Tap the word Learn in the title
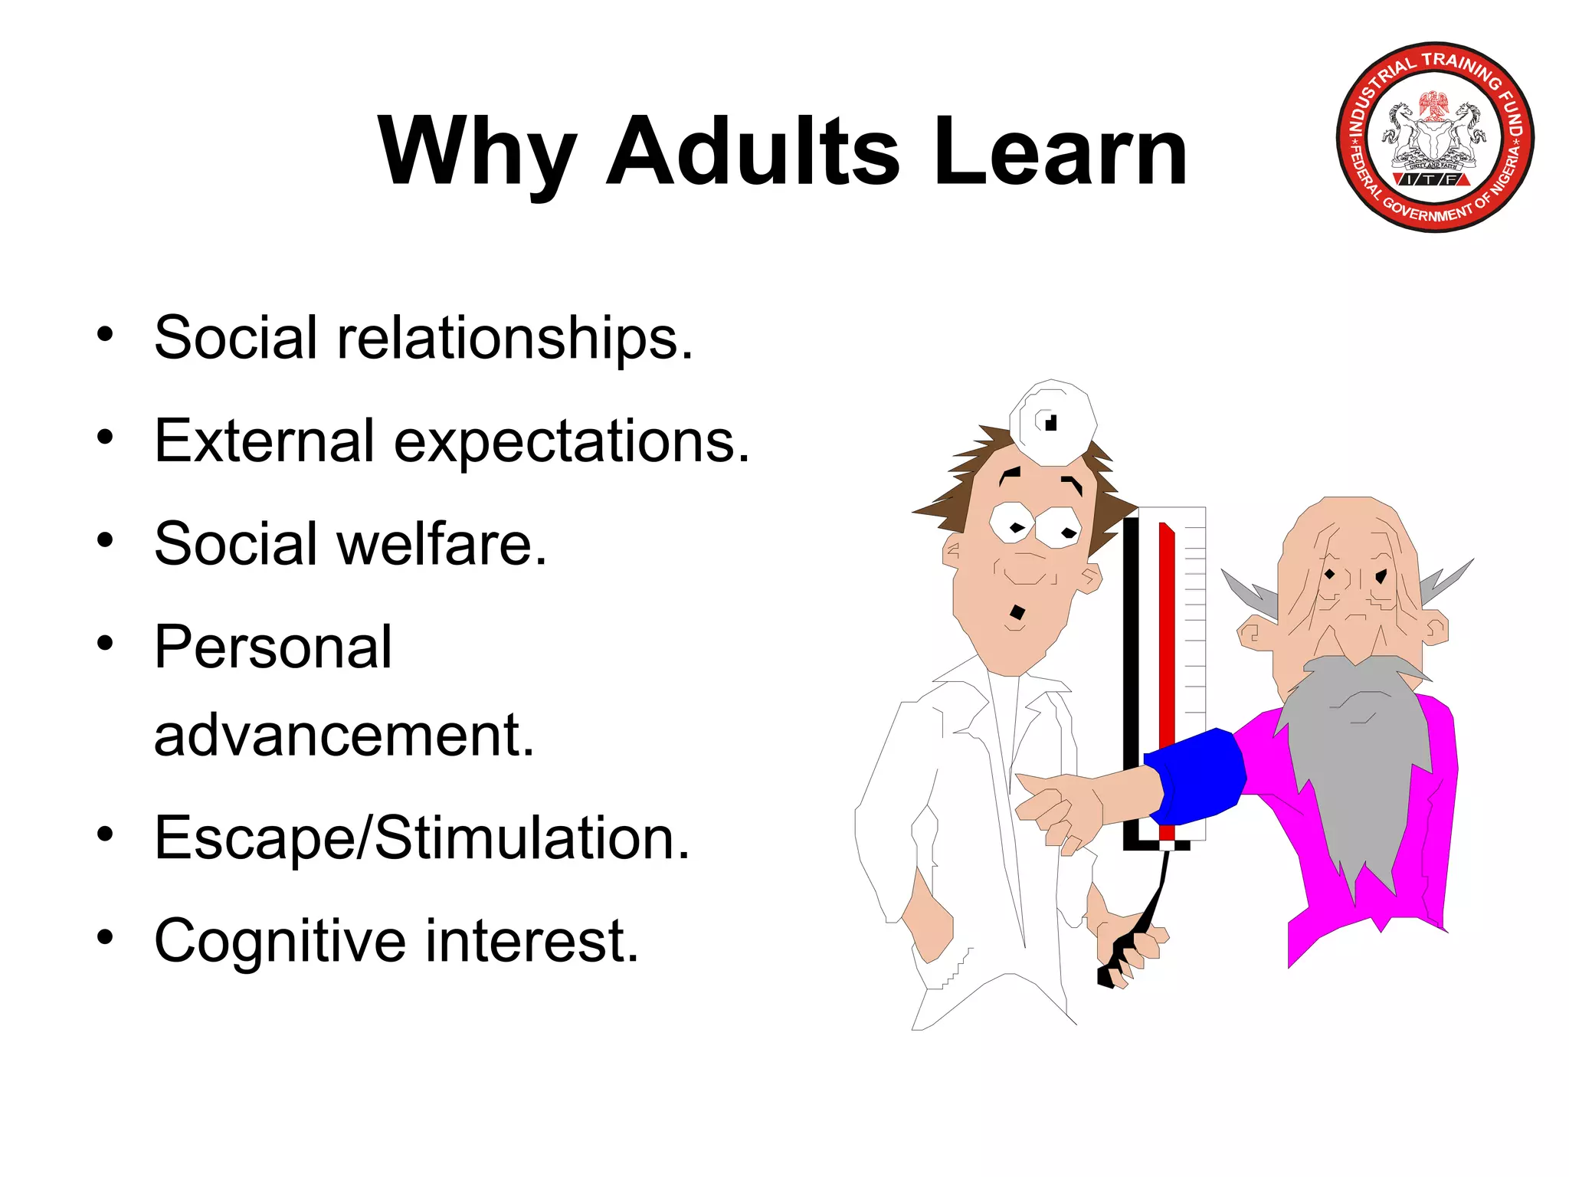1060,151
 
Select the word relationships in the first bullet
515,338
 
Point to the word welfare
442,543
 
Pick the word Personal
273,647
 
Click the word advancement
343,735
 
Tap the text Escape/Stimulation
421,838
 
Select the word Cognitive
280,940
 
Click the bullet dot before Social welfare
105,540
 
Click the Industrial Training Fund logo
1435,137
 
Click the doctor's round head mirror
1052,422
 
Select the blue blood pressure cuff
1195,774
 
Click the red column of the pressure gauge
1167,651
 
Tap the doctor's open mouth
1017,612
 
